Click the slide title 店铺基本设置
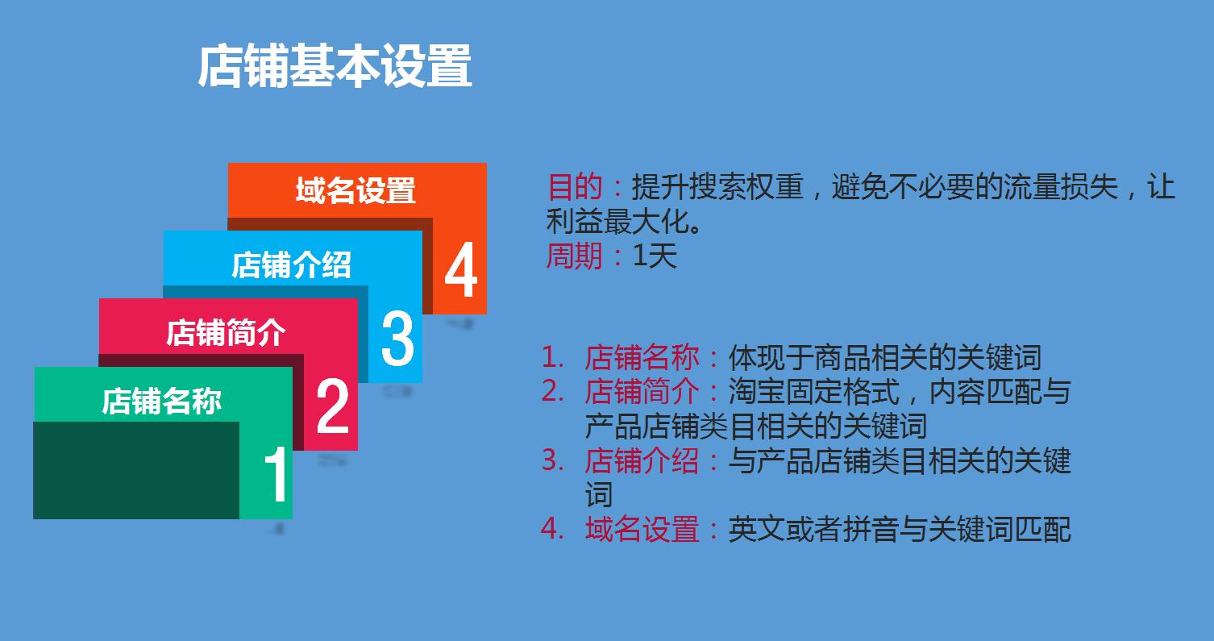335,67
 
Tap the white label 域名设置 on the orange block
355,191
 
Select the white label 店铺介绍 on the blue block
291,264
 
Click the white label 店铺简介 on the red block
226,332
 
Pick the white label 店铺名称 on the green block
161,401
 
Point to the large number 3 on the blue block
397,339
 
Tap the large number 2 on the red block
333,406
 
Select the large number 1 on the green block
276,474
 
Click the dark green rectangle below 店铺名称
136,470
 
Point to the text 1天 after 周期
655,256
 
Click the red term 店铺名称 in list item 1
642,357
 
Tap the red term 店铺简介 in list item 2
642,392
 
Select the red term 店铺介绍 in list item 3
642,461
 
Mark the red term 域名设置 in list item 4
642,530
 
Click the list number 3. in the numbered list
553,461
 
